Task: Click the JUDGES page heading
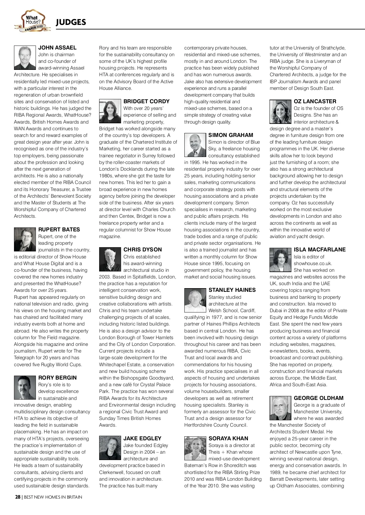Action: pyautogui.click(x=71, y=22)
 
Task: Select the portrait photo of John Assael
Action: pyautogui.click(x=25, y=58)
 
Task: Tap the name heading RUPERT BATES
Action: pyautogui.click(x=59, y=230)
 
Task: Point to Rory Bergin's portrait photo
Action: pyautogui.click(x=25, y=387)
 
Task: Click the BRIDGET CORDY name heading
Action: pyautogui.click(x=146, y=101)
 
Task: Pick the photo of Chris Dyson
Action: pyautogui.click(x=110, y=259)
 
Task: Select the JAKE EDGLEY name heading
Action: pyautogui.click(x=142, y=438)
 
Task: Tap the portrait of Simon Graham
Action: pyautogui.click(x=195, y=145)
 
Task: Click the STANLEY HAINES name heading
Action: pyautogui.click(x=232, y=290)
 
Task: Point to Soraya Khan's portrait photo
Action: pyautogui.click(x=195, y=448)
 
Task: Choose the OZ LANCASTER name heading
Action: pyautogui.click(x=315, y=101)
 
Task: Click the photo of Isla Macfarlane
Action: pyautogui.click(x=280, y=259)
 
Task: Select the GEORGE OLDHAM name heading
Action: pyautogui.click(x=318, y=398)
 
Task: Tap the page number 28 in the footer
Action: pyautogui.click(x=18, y=497)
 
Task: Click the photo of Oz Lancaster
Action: pyautogui.click(x=280, y=111)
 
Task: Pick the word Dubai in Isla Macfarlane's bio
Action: pyautogui.click(x=276, y=310)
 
